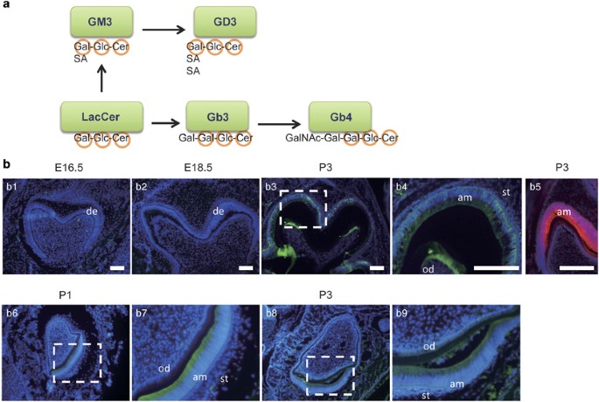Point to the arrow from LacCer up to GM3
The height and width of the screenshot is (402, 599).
[x=101, y=81]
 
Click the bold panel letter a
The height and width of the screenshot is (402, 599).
[x=6, y=6]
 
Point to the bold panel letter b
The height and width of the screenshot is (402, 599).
[x=7, y=163]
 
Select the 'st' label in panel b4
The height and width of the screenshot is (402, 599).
[x=505, y=191]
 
